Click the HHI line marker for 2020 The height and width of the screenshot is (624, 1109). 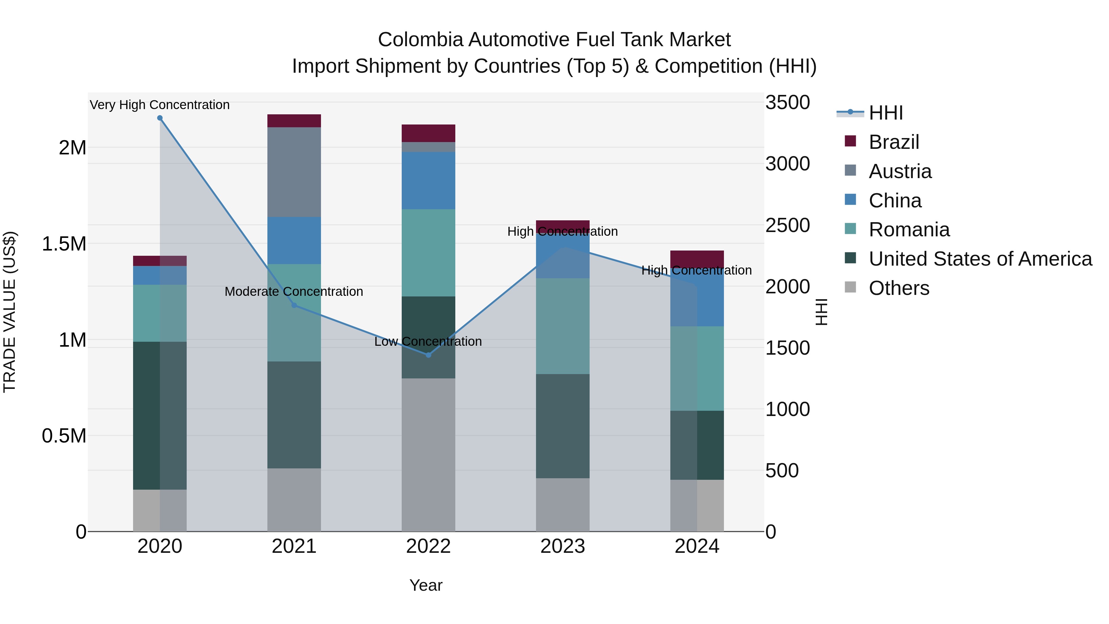(160, 118)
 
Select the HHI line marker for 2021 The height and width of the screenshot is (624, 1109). (294, 305)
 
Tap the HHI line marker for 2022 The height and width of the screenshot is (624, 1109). (429, 355)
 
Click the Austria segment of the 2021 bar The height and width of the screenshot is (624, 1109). (294, 172)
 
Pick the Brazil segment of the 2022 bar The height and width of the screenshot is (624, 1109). (429, 133)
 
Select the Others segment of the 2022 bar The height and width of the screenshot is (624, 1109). (429, 454)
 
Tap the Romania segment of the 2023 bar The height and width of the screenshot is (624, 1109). (563, 326)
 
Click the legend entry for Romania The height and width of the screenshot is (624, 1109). (909, 230)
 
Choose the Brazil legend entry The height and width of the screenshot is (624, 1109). (894, 142)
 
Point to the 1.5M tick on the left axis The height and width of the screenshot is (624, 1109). (64, 244)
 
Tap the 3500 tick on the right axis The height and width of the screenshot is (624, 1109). (787, 103)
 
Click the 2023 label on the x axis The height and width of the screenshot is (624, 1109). (563, 546)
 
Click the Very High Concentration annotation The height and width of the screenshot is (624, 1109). (160, 105)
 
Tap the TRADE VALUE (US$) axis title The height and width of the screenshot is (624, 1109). (10, 312)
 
